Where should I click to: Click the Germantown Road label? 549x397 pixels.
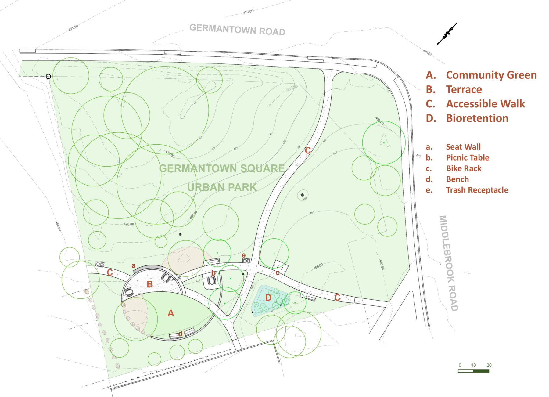(237, 30)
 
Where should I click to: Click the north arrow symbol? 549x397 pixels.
(447, 34)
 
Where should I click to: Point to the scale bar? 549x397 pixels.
(473, 371)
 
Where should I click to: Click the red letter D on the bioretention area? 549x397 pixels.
(268, 298)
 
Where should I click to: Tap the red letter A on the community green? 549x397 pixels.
(171, 313)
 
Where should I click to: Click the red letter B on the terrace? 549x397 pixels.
(149, 284)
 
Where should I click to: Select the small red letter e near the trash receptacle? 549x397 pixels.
(243, 255)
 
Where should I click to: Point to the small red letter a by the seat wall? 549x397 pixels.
(133, 265)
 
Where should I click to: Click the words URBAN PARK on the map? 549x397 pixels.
(222, 187)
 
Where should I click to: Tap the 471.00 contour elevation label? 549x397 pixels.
(73, 28)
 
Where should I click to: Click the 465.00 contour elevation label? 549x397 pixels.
(318, 266)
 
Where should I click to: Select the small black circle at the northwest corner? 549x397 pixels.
(48, 76)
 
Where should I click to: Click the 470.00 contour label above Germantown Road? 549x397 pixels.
(248, 12)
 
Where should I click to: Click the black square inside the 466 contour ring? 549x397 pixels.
(302, 195)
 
